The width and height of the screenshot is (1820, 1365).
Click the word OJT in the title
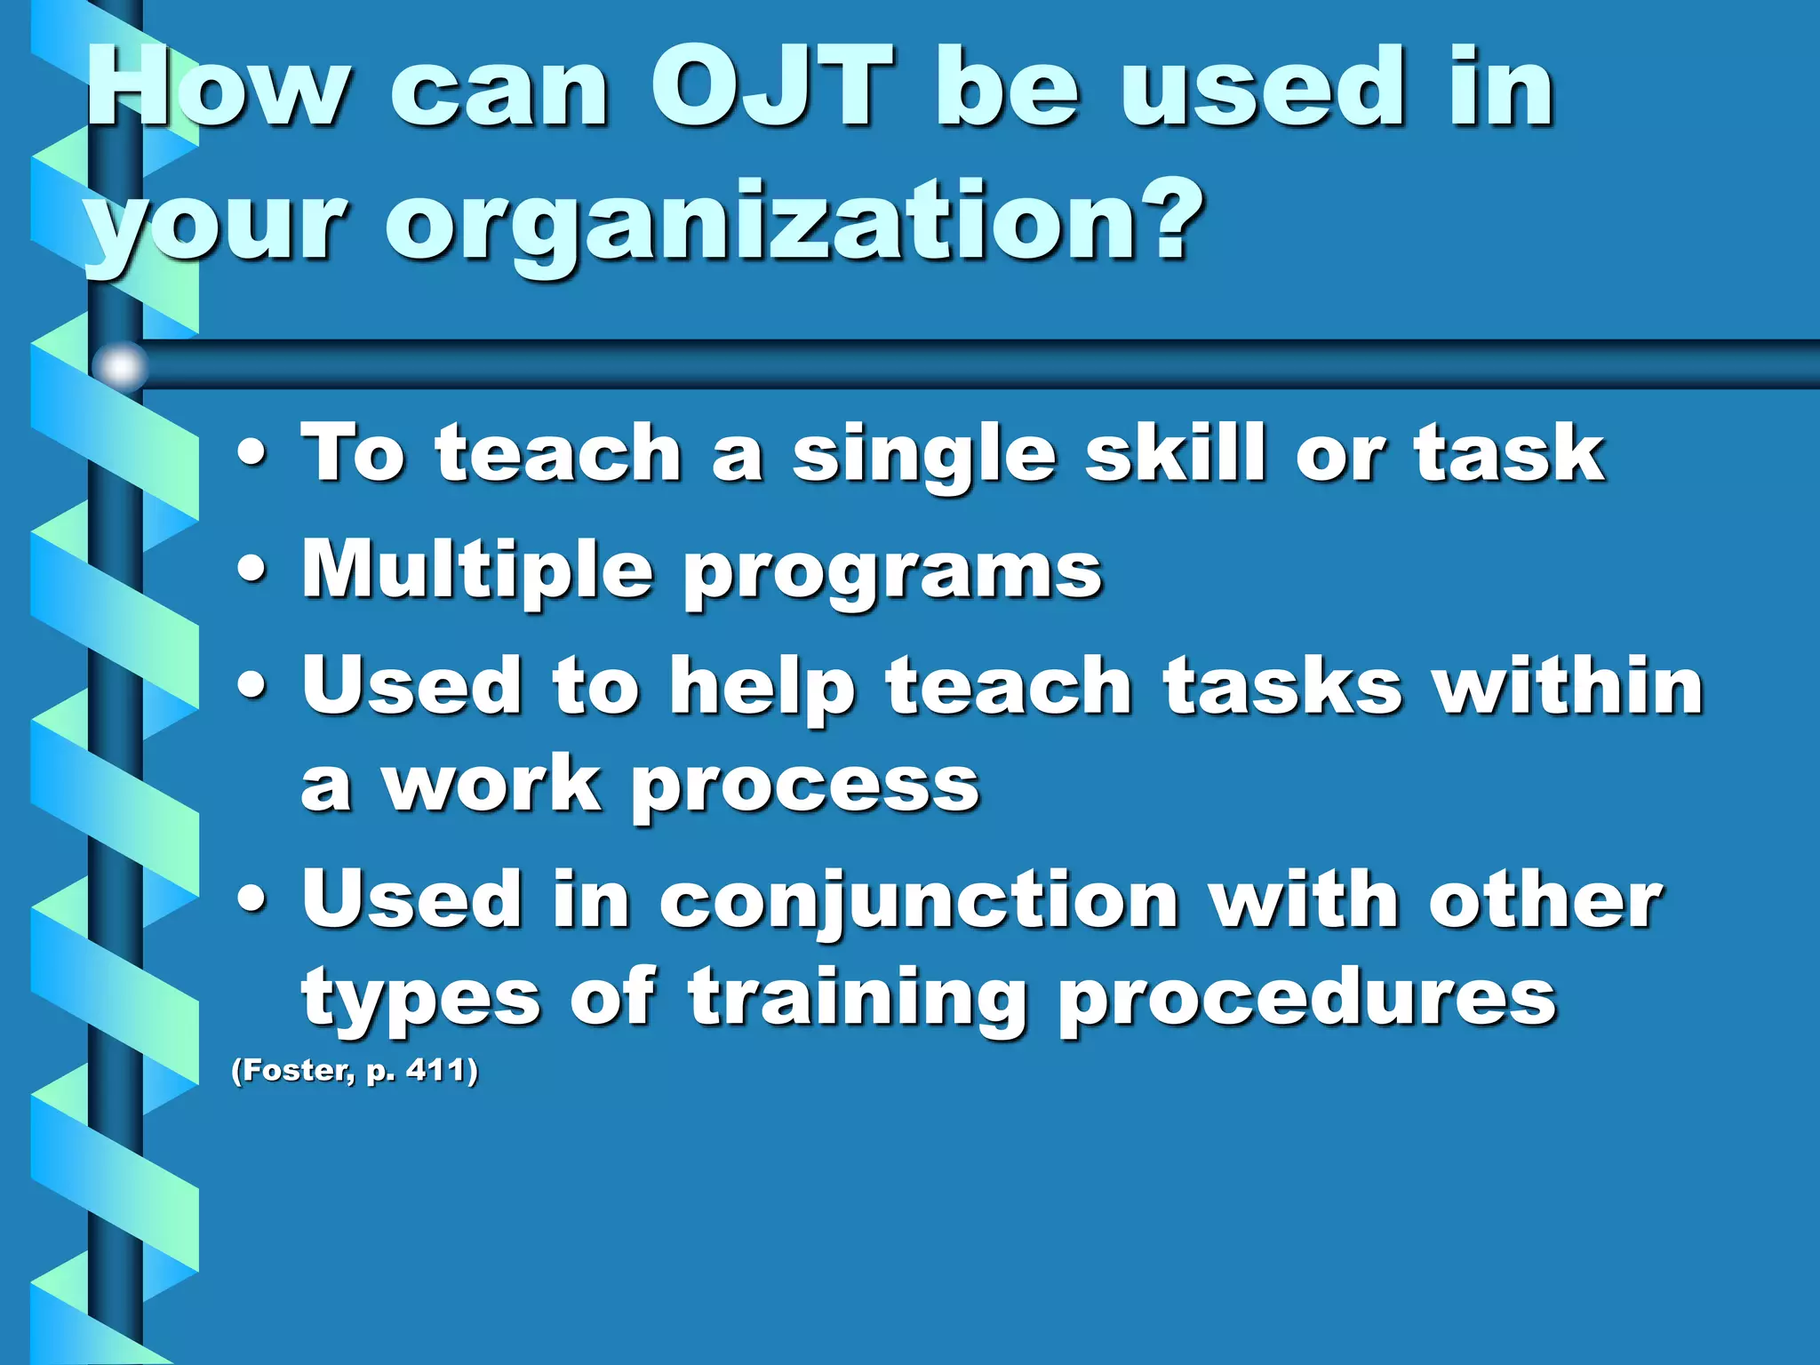click(x=771, y=89)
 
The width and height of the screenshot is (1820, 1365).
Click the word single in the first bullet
click(x=923, y=455)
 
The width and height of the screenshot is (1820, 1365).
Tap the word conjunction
click(x=919, y=903)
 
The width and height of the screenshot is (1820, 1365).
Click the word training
click(x=857, y=1000)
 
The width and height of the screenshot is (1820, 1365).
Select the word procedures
click(x=1306, y=1000)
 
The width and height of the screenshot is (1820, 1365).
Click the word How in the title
click(x=217, y=89)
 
